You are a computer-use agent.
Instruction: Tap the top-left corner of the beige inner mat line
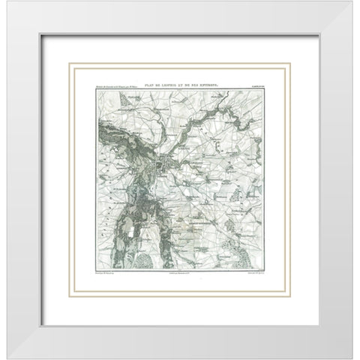(x=70, y=64)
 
